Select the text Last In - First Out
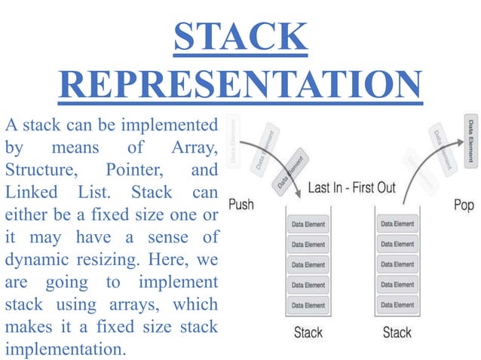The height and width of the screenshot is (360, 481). [x=352, y=188]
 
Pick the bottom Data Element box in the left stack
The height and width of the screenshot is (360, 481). [x=309, y=305]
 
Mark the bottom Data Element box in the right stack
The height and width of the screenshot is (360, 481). [x=397, y=305]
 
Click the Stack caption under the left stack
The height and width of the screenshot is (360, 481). [x=309, y=332]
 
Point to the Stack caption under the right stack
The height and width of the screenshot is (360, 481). [x=397, y=332]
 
